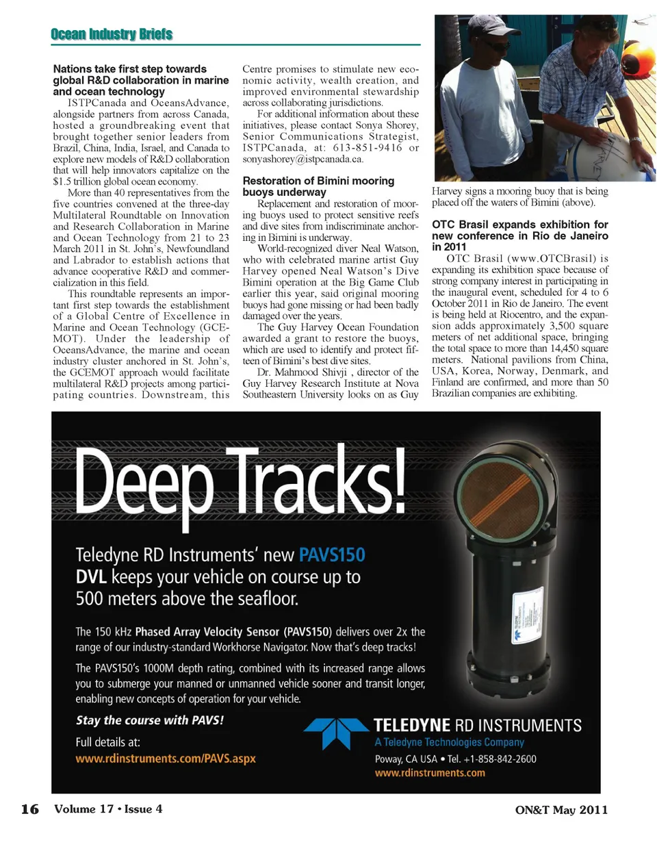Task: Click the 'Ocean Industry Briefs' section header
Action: tap(112, 34)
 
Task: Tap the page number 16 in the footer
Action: tap(30, 809)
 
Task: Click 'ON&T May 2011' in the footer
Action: tap(561, 810)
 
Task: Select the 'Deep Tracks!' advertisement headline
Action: tap(240, 482)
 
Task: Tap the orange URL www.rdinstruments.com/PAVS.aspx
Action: tap(166, 759)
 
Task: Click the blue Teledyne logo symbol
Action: tap(336, 733)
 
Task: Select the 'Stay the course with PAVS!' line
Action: tap(150, 720)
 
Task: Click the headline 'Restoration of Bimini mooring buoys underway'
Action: tap(318, 186)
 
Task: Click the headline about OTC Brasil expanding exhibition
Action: tap(519, 235)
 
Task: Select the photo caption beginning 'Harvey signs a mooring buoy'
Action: tap(519, 196)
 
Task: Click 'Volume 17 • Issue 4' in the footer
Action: tap(108, 809)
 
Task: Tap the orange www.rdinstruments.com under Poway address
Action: tap(430, 773)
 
